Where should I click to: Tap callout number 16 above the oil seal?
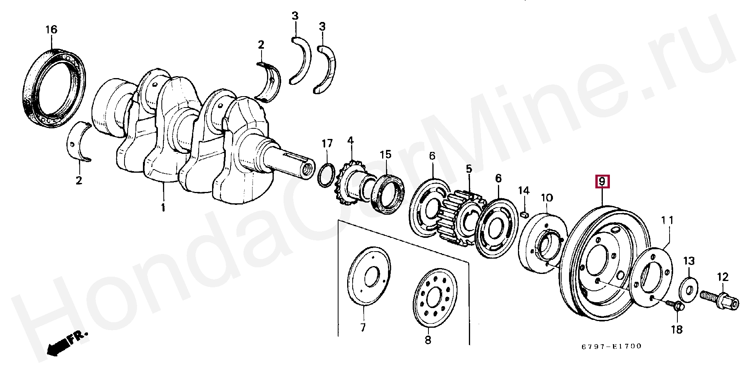point(51,29)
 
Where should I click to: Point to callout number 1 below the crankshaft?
point(163,207)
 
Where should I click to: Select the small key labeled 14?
point(524,214)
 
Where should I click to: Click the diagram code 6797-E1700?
point(612,347)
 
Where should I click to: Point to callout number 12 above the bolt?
point(723,277)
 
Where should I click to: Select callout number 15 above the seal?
point(386,154)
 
